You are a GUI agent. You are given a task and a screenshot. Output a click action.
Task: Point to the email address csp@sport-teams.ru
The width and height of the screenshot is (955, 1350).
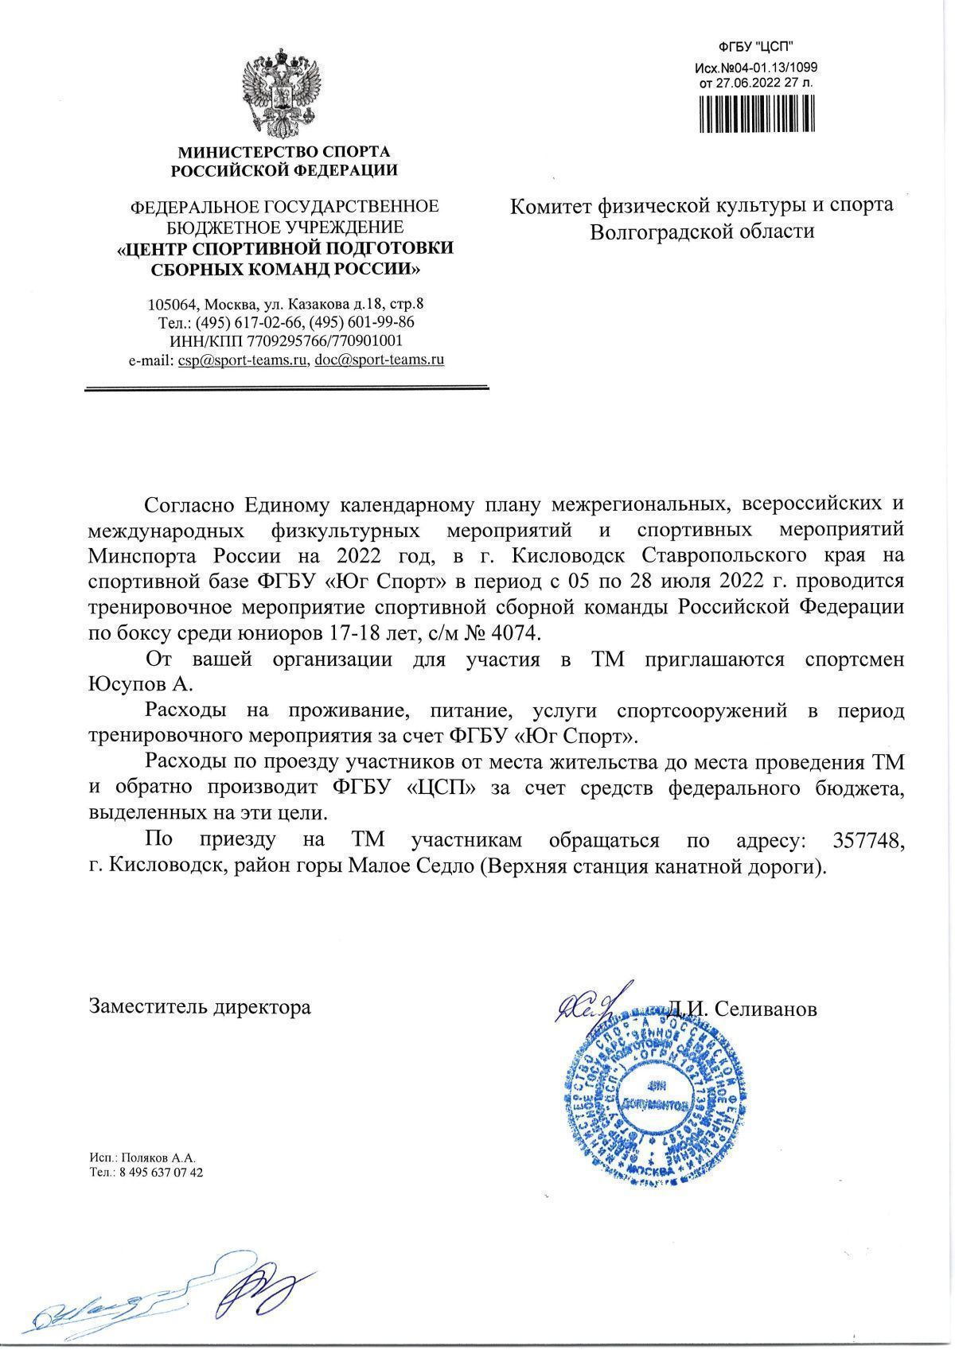click(242, 360)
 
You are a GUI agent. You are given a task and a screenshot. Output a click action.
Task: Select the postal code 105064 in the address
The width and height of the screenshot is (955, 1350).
click(170, 305)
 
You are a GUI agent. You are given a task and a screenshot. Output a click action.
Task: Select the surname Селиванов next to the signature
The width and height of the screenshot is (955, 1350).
click(766, 1008)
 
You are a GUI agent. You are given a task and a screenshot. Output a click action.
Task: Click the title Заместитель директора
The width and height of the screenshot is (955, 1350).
click(200, 1006)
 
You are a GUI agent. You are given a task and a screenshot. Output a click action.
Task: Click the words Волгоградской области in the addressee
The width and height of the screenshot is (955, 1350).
click(703, 231)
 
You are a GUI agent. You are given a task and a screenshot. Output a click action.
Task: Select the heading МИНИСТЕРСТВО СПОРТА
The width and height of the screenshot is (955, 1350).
click(285, 151)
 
